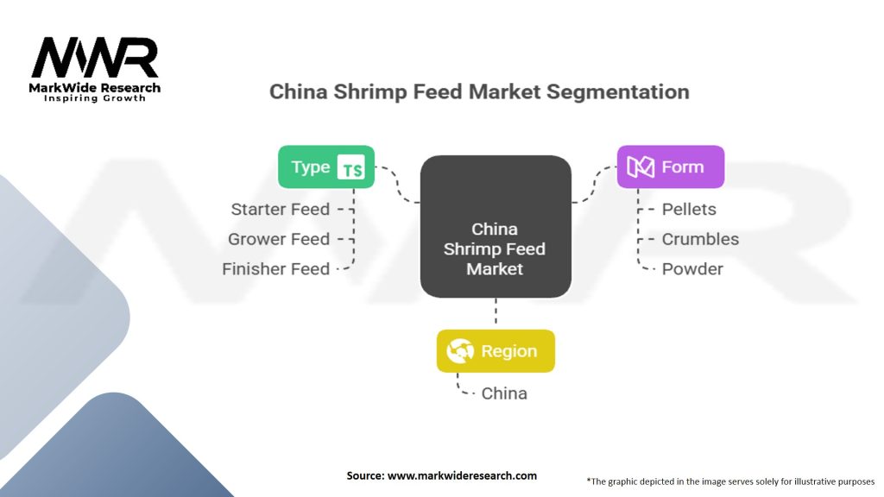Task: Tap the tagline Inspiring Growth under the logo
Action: [95, 98]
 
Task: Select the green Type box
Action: [325, 167]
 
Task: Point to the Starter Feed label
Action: [280, 209]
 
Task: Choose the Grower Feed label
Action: [279, 239]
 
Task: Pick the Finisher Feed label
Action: [275, 268]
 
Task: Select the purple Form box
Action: [670, 167]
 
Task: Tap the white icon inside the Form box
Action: [641, 167]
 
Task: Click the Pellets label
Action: [689, 209]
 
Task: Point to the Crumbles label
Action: [700, 239]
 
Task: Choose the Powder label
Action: [692, 268]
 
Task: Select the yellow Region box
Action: [496, 351]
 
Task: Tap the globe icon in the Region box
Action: [459, 351]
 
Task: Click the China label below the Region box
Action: [504, 393]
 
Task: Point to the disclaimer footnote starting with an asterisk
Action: [730, 481]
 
